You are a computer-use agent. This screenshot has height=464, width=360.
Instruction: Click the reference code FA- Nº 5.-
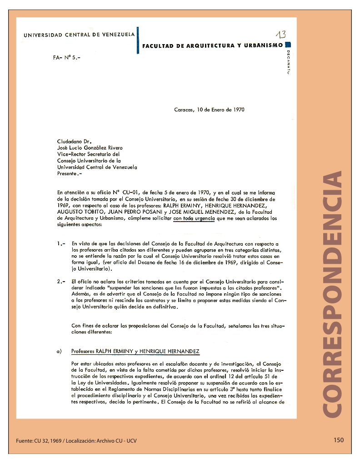coord(66,59)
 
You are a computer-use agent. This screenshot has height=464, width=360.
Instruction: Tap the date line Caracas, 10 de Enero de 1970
coord(210,110)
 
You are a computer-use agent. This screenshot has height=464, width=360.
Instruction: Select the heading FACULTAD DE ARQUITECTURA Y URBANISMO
coord(212,45)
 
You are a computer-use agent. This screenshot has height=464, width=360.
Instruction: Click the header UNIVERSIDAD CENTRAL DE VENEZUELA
coord(79,35)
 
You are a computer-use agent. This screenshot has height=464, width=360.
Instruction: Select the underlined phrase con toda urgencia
coord(194,218)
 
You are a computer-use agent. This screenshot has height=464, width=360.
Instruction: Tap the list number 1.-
coord(62,244)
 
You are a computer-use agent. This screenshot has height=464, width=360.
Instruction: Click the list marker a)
coord(60,352)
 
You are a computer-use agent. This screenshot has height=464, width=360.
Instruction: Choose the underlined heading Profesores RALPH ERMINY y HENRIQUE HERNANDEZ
coord(135,352)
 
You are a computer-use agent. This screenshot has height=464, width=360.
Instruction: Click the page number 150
coord(338,440)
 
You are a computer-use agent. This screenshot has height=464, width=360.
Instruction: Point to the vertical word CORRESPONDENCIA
coord(332,293)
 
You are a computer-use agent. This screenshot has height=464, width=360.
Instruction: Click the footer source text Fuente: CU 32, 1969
coord(41,440)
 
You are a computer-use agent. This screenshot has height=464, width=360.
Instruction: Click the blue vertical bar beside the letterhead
coord(138,40)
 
